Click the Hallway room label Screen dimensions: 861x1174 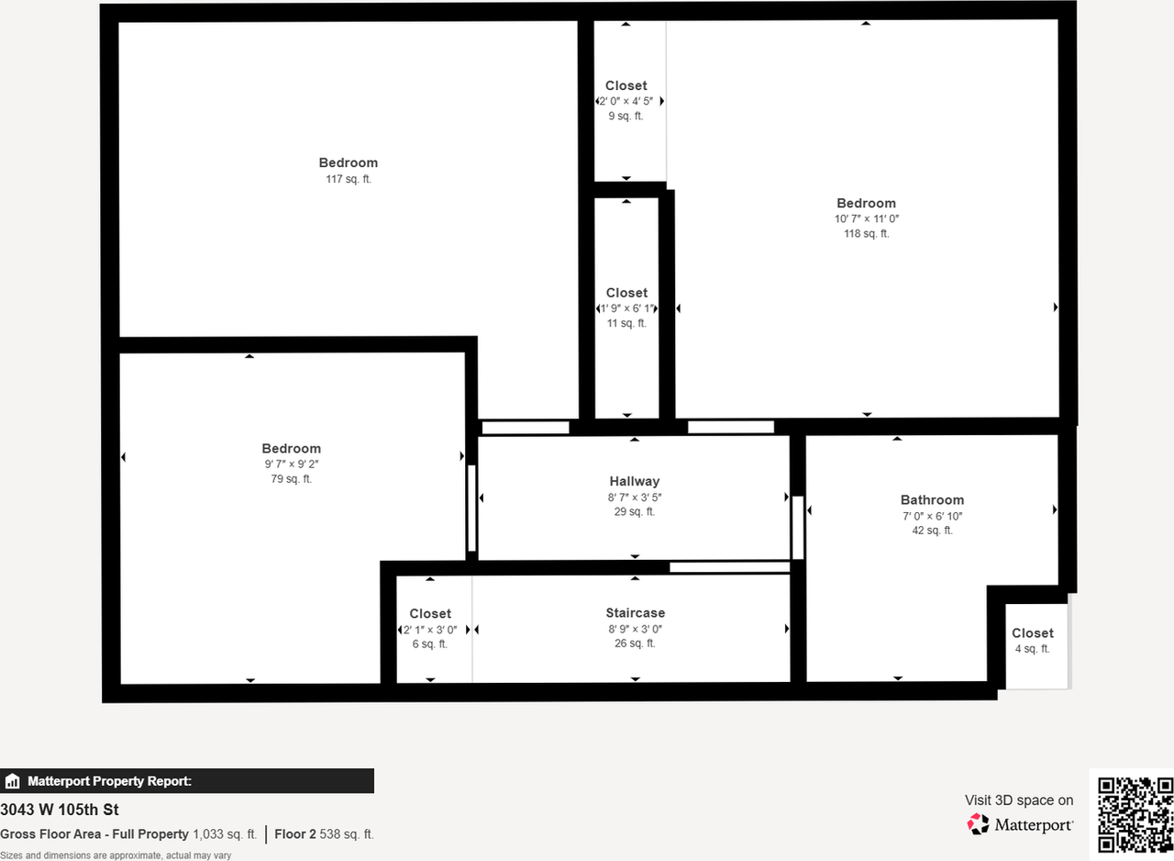635,481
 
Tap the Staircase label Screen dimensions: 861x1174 635,613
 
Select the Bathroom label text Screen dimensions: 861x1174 932,500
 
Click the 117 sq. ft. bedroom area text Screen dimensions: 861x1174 349,179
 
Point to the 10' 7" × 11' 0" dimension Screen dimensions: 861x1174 866,218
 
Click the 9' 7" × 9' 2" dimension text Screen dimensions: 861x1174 292,464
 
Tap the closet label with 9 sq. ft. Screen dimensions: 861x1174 626,86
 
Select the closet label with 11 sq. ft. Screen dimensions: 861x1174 626,294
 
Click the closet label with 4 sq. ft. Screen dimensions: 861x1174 1033,633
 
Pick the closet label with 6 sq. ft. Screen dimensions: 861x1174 430,614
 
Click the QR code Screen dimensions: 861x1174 1135,814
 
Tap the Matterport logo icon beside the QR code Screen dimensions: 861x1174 979,824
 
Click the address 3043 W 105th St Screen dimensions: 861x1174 60,810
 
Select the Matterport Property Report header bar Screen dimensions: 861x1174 187,781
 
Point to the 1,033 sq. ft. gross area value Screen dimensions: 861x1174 225,834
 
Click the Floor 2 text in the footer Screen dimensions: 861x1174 294,834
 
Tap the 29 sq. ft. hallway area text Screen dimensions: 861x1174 635,512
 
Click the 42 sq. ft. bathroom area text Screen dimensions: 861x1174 932,531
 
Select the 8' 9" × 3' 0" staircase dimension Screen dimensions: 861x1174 635,629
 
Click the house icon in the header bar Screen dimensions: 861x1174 13,782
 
